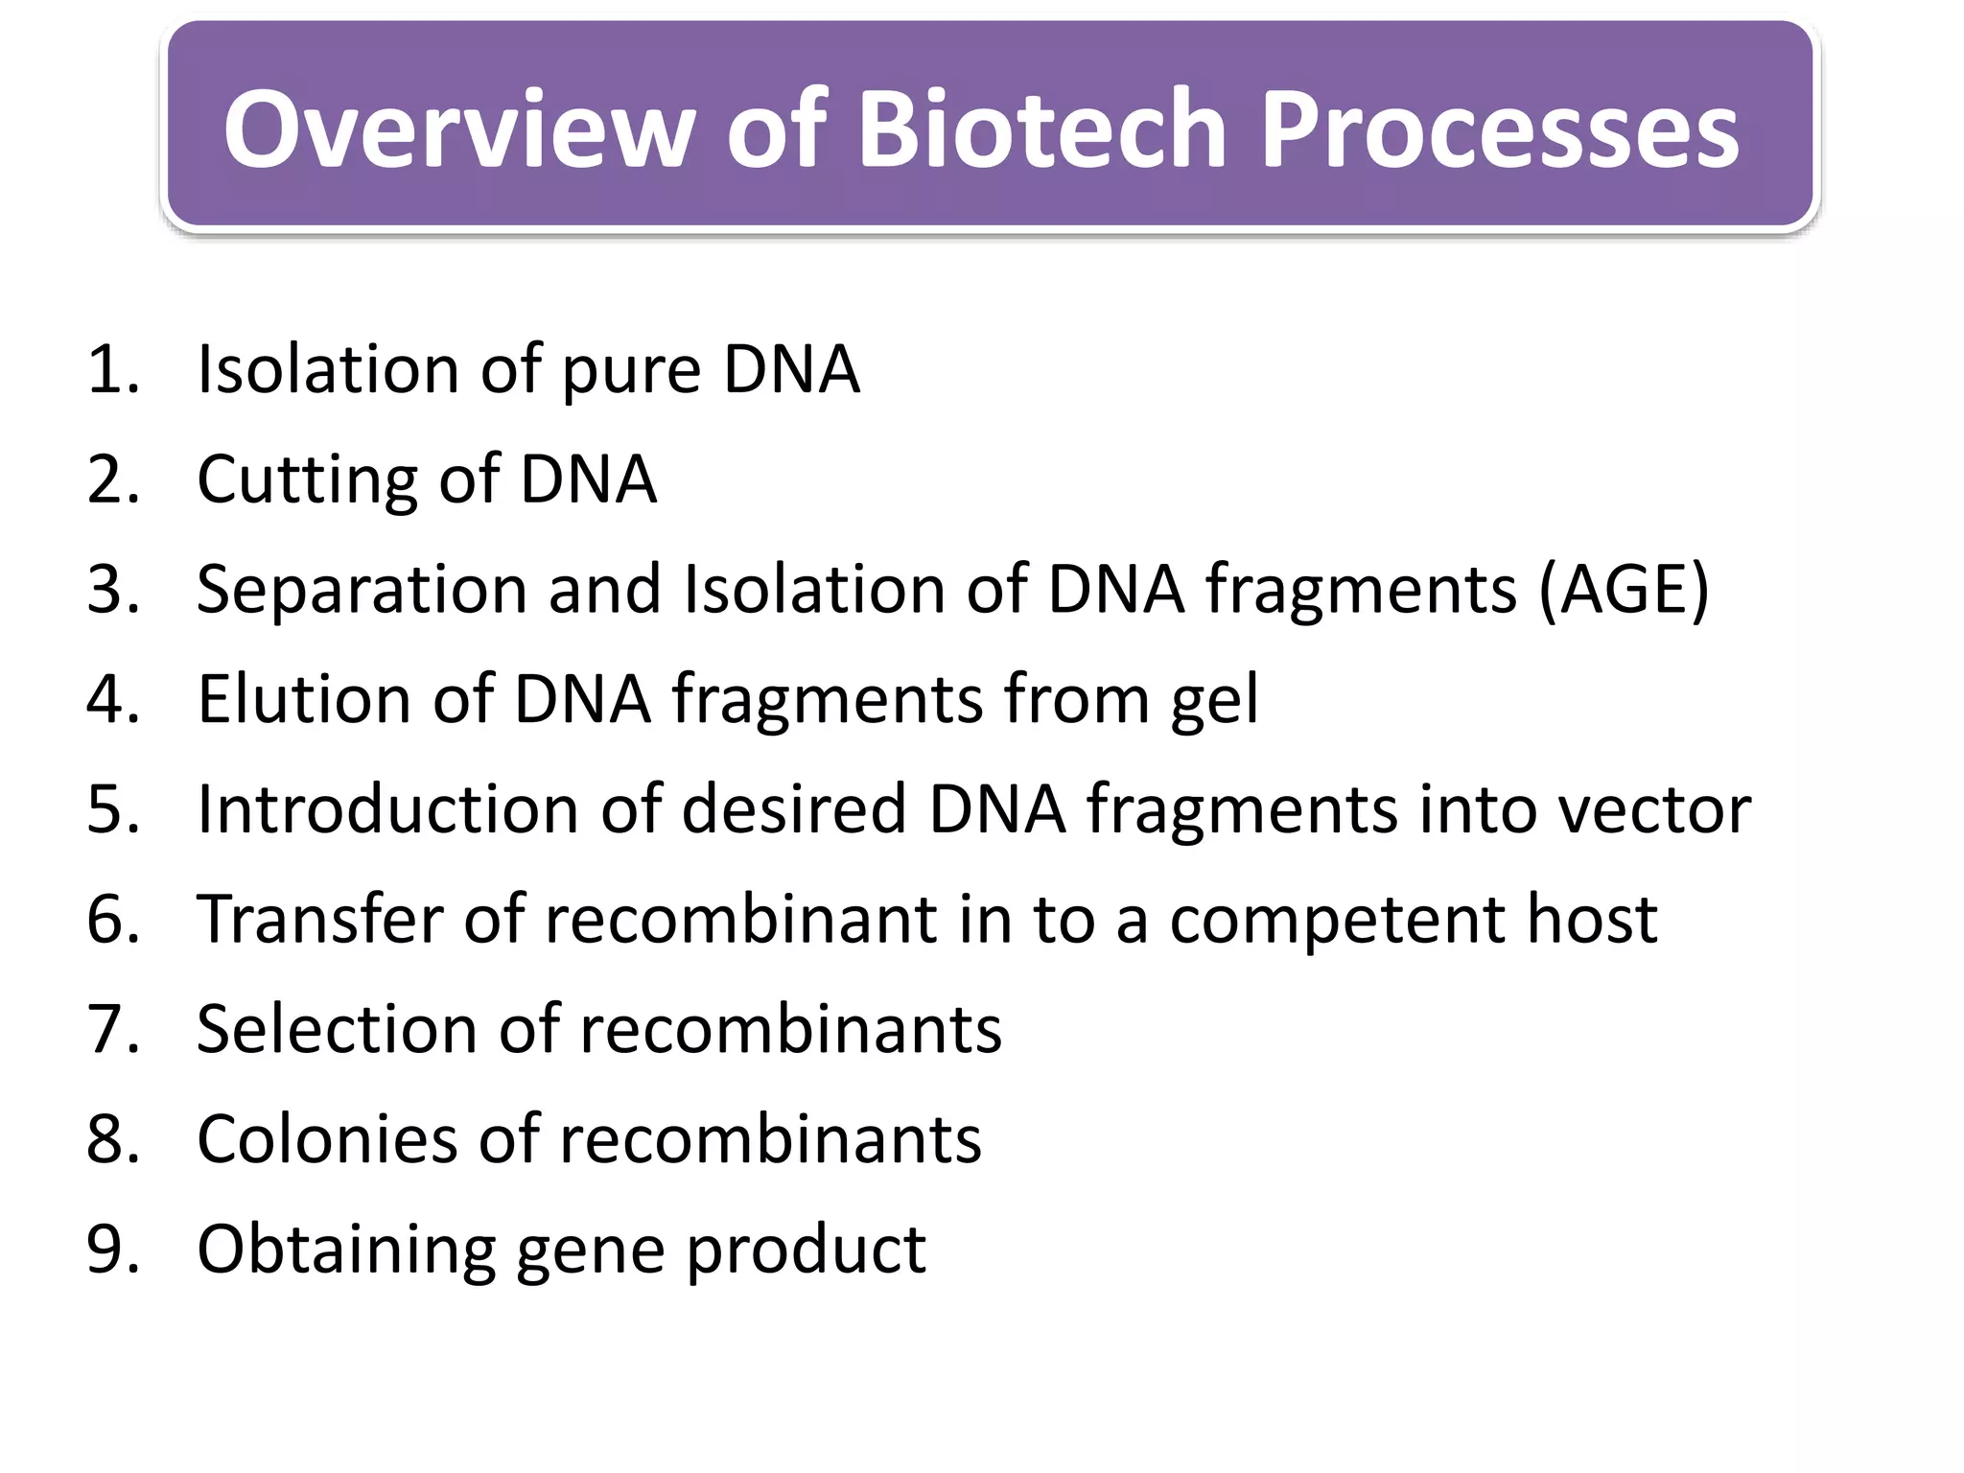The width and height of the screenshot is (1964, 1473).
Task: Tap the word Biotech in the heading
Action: (x=1041, y=129)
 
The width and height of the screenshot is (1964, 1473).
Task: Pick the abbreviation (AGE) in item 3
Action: (x=1625, y=590)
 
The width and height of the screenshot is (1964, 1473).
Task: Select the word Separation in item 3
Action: (x=362, y=590)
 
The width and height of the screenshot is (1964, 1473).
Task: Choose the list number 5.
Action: (x=113, y=810)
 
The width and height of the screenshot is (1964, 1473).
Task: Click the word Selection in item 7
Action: (x=336, y=1030)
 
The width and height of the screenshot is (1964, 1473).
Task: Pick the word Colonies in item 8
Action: (x=327, y=1140)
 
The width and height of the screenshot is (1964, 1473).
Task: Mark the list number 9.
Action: (x=113, y=1250)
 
